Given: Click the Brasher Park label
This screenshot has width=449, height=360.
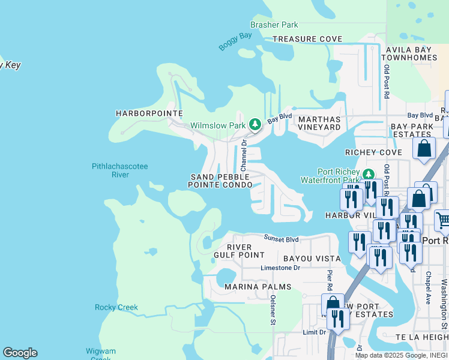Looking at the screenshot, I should [x=274, y=25].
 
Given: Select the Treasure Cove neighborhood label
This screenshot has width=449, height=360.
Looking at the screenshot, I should [x=307, y=39].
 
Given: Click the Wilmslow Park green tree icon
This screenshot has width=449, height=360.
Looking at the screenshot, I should [x=255, y=124].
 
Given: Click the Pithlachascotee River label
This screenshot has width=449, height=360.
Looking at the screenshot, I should [x=119, y=170].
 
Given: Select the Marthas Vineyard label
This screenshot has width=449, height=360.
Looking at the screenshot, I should [x=319, y=123].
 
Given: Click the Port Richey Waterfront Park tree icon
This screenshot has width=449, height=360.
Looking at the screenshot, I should [x=368, y=174].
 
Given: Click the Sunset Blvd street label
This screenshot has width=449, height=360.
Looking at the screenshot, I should [x=281, y=239].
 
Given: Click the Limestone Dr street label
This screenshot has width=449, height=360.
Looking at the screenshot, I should [x=280, y=268].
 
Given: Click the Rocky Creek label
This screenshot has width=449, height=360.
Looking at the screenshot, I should [x=116, y=307].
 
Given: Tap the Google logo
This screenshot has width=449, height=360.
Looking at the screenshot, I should [x=20, y=353].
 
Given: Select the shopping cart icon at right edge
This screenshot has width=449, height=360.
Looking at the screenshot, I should [x=442, y=220].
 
